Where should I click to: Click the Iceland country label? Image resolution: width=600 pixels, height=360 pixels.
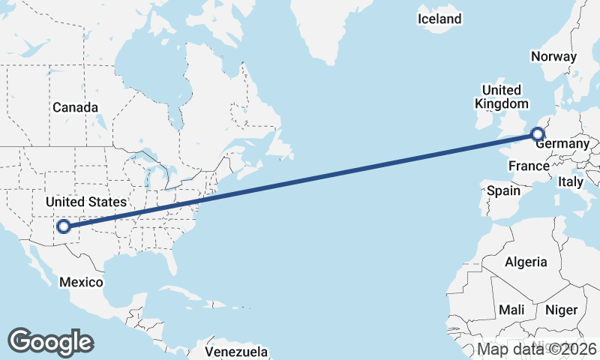click(439, 19)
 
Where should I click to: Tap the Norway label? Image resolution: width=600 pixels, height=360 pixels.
click(553, 56)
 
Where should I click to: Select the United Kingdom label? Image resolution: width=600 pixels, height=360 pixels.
click(501, 97)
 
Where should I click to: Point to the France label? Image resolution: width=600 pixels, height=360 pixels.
click(529, 165)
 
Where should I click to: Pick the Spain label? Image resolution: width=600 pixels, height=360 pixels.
click(503, 190)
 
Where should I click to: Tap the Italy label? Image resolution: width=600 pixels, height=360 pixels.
click(570, 181)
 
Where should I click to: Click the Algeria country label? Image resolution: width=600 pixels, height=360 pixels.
click(526, 262)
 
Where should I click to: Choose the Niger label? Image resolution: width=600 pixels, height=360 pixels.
click(561, 310)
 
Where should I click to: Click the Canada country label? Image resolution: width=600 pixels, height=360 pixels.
click(75, 107)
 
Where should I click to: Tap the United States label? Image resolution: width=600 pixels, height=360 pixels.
click(85, 202)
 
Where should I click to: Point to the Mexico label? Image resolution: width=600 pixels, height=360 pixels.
click(81, 282)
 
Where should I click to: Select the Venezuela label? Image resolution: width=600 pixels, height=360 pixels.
click(236, 351)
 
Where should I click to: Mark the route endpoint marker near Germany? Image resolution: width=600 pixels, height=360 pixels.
click(537, 134)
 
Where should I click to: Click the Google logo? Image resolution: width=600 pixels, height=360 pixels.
click(50, 341)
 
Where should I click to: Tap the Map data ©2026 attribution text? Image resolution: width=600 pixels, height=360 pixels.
click(537, 349)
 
